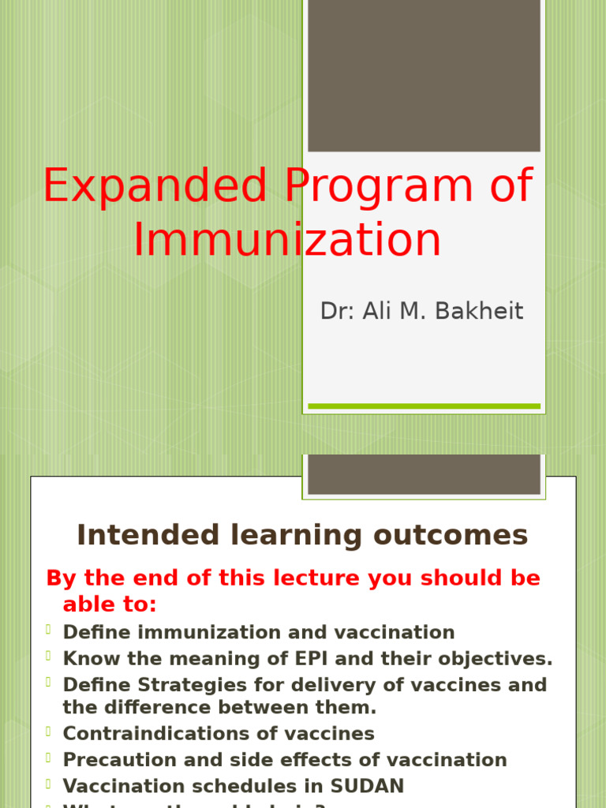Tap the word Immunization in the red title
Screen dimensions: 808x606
(x=286, y=240)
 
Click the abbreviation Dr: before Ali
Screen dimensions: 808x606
(x=338, y=311)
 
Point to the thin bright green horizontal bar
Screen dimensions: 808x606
(x=424, y=406)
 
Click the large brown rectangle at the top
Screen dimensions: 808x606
(x=424, y=75)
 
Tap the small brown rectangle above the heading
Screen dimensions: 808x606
(x=424, y=474)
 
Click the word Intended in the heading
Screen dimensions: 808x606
(x=138, y=535)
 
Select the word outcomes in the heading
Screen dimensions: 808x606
(x=451, y=535)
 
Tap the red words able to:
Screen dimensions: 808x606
(x=110, y=605)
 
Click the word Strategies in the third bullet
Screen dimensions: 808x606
(x=169, y=685)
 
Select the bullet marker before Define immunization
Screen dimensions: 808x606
(x=48, y=630)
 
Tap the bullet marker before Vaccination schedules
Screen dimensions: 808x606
(x=48, y=784)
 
